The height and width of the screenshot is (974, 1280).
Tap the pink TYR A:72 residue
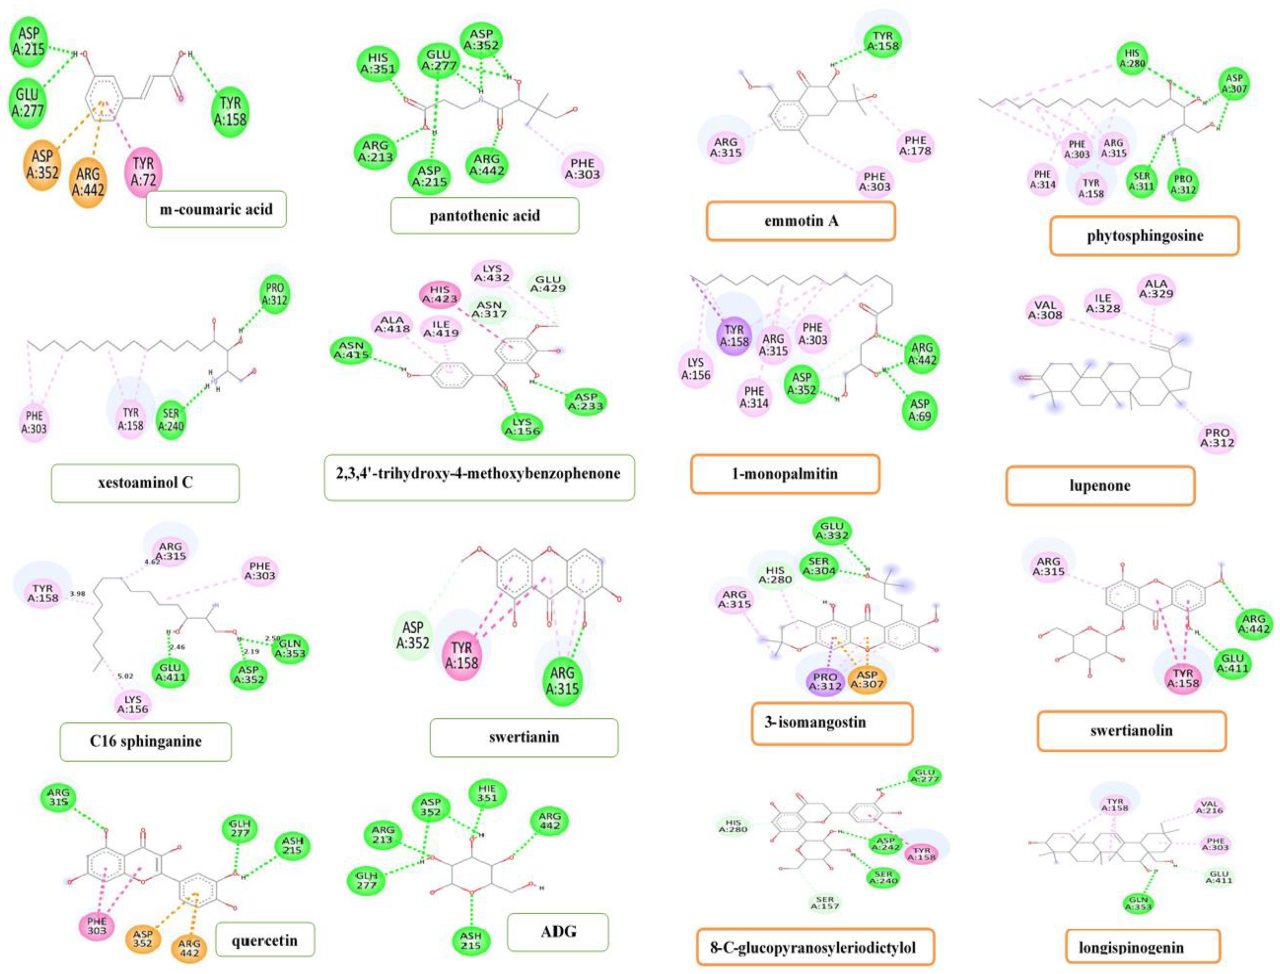coord(143,172)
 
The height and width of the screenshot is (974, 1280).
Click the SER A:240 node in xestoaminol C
coord(171,420)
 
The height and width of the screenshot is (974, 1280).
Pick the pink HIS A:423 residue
coord(440,294)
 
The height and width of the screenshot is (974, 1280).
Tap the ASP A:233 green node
coord(586,401)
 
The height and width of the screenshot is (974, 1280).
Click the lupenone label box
coord(1100,486)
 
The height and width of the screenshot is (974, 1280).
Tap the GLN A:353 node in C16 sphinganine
coord(290,648)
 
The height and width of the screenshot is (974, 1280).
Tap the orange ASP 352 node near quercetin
coord(143,939)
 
